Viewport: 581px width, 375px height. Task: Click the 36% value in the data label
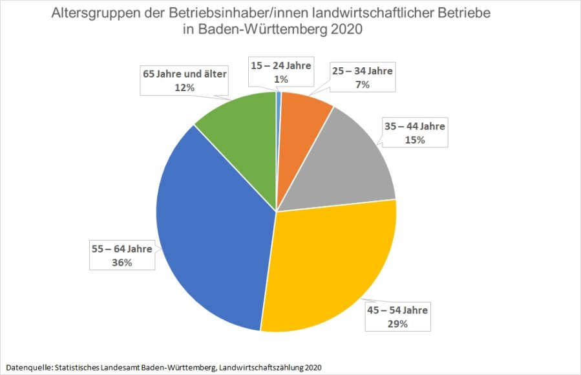coord(121,262)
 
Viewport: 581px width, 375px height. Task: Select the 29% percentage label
coord(397,324)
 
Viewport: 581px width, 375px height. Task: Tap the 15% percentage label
coord(414,140)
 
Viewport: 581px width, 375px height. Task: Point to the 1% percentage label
coord(281,79)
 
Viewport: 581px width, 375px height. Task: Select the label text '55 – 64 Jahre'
coord(121,248)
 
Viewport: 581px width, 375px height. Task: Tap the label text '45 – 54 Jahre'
coord(397,310)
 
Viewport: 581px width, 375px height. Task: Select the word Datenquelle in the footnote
coord(26,367)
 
